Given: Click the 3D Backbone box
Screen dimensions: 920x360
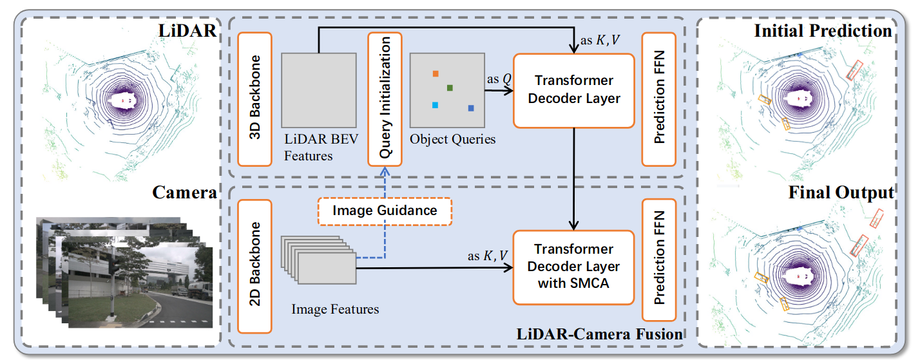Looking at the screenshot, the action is (254, 99).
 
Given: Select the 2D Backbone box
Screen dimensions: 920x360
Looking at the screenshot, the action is (254, 266).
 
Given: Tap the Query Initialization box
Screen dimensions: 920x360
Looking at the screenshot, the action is (385, 99).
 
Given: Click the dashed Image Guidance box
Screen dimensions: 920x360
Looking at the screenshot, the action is (385, 211).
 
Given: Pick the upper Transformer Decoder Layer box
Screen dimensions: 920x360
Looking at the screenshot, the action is (574, 90).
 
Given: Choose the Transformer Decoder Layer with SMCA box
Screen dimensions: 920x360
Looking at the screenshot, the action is (574, 267).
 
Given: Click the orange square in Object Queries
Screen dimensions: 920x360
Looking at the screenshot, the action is (436, 74).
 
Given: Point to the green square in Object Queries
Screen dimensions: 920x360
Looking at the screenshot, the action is (450, 88).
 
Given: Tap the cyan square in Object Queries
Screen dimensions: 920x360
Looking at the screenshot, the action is (435, 105).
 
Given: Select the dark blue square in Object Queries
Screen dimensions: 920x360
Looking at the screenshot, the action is (471, 108).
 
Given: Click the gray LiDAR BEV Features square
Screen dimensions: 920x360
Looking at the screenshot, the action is (319, 90).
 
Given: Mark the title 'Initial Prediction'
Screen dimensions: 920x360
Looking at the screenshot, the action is (823, 31).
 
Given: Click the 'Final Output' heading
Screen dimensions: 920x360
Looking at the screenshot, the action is (841, 192).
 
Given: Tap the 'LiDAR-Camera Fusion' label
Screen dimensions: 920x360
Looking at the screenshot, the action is (600, 334).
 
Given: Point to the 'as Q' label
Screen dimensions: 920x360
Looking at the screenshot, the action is (499, 79).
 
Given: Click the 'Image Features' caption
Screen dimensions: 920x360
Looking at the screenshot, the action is (335, 309).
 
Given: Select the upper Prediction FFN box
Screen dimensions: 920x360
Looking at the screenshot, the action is (659, 99).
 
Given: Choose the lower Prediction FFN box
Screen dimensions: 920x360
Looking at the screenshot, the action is (659, 260).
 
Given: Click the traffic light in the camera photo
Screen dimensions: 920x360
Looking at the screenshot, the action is (114, 267).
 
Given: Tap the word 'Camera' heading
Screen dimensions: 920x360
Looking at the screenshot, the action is (184, 192).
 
